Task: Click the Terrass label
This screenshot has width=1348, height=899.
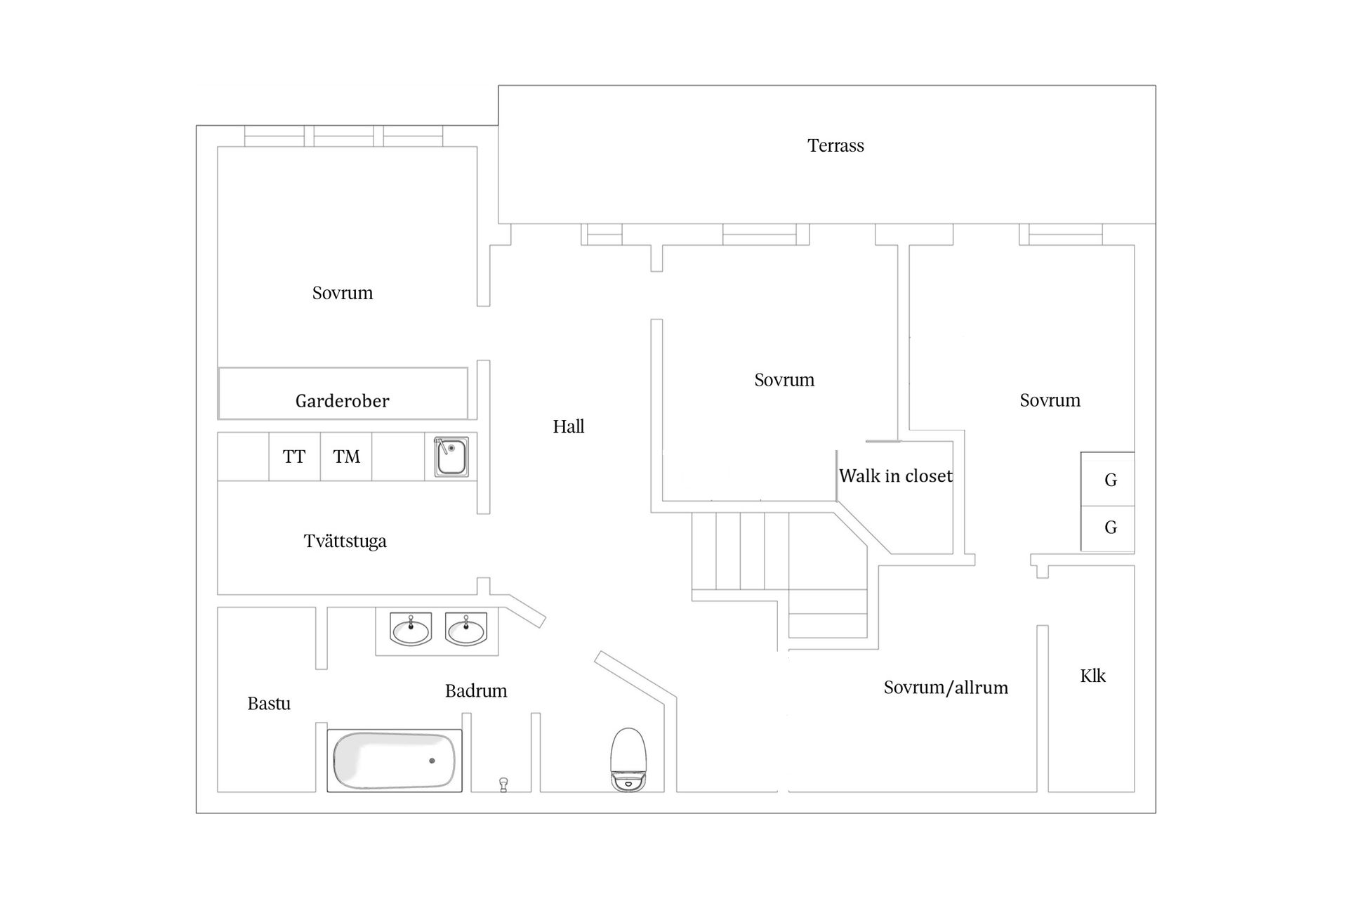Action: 835,145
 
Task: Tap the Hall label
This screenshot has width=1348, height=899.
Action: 568,426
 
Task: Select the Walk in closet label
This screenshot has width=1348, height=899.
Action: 895,476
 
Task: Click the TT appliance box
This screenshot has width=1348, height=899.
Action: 294,457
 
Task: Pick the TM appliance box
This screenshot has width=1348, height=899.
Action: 346,457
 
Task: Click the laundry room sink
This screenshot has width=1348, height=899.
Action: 451,457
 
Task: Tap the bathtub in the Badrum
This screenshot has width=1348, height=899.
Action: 394,761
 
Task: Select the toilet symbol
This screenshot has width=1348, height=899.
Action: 628,760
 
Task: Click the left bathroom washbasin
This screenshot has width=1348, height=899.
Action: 411,630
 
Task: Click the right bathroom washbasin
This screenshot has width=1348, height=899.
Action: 465,630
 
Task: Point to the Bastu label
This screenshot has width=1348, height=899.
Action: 269,704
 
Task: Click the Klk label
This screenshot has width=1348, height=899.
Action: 1092,676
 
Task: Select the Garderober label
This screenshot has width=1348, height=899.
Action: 342,401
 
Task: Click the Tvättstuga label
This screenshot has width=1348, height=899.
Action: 345,542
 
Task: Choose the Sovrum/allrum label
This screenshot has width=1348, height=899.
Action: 946,688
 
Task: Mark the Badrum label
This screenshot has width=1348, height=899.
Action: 476,691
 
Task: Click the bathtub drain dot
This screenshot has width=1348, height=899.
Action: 432,761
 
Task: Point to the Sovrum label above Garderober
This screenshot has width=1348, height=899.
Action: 343,293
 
